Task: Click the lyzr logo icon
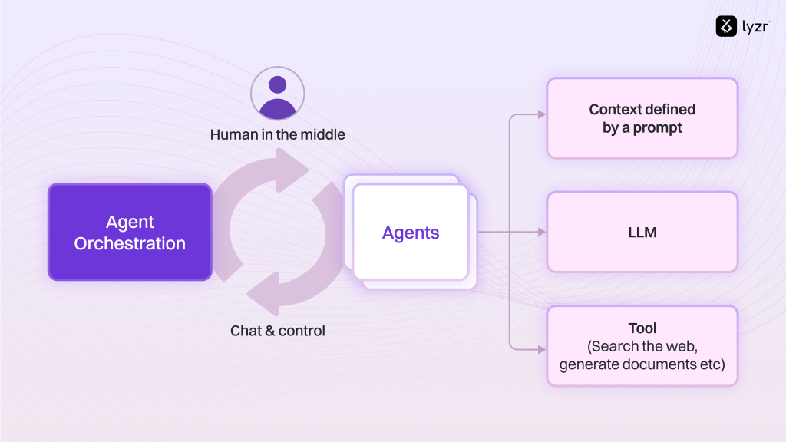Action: [726, 26]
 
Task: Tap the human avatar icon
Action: [277, 93]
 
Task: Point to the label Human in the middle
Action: [278, 134]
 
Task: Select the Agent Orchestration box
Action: [130, 232]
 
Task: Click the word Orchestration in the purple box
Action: [130, 244]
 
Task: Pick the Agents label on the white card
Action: [411, 233]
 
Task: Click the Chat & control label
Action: [278, 331]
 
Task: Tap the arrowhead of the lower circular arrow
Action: [262, 296]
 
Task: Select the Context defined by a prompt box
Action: [642, 118]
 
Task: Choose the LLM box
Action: [642, 232]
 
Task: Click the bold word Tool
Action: [642, 328]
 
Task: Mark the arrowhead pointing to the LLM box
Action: [541, 232]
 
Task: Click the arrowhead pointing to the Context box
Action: [541, 114]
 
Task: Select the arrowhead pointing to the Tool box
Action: [541, 349]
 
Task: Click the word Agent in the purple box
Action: [130, 222]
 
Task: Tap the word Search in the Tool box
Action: [615, 346]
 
